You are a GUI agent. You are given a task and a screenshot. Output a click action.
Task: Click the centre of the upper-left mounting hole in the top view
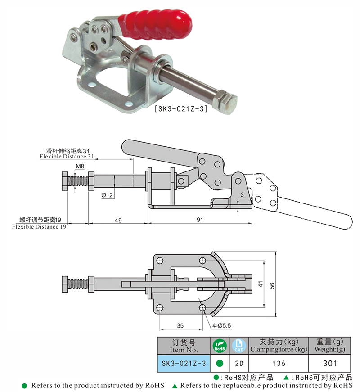(160, 261)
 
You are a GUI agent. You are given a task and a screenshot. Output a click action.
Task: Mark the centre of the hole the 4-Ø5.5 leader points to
(202, 307)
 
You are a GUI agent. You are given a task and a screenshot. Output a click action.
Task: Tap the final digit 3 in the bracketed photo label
(202, 109)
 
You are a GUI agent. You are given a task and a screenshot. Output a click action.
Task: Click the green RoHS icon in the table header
(220, 346)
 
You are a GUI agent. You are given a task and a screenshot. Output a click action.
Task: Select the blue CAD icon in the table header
(239, 346)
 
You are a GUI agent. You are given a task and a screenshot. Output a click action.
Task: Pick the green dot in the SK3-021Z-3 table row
(220, 363)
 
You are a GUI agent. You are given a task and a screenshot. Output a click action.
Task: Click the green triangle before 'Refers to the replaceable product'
(175, 386)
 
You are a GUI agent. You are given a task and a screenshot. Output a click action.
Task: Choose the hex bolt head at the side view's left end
(65, 181)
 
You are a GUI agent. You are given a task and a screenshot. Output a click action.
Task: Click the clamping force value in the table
(279, 363)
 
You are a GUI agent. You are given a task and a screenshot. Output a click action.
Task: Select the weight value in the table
(330, 363)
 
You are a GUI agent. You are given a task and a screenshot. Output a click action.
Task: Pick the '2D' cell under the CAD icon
(239, 363)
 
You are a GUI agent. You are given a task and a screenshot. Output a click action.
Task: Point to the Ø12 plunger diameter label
(107, 195)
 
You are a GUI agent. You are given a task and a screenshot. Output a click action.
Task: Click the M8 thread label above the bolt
(80, 166)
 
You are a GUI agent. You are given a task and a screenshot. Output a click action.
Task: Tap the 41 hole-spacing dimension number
(261, 284)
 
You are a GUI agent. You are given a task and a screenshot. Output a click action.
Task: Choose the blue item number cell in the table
(184, 363)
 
